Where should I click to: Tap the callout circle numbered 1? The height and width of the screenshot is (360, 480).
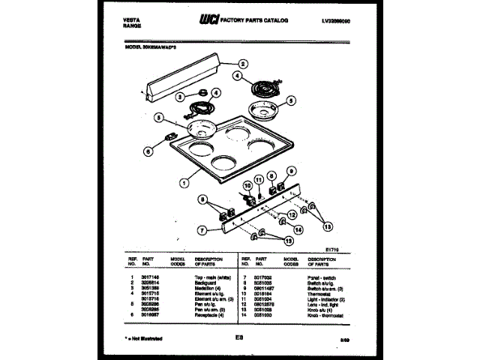click(184, 181)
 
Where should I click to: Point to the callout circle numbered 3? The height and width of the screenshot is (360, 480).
click(181, 96)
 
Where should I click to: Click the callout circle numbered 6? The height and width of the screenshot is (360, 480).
click(147, 151)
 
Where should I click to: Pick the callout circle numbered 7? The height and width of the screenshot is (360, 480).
click(202, 229)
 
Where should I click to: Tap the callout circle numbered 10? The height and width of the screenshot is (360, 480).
click(247, 185)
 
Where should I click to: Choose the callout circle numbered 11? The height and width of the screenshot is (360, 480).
click(259, 179)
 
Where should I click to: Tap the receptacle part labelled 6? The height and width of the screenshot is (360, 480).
click(169, 137)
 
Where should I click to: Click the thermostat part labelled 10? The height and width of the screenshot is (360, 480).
click(247, 199)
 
